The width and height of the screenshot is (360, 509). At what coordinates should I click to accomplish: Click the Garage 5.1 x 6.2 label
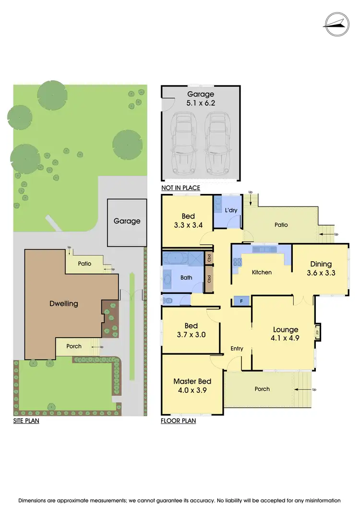click(201, 98)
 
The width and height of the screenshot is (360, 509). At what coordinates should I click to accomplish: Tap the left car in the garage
click(182, 144)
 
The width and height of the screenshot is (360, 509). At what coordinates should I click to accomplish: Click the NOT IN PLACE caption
click(180, 188)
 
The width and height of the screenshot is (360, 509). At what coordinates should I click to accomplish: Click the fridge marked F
click(241, 301)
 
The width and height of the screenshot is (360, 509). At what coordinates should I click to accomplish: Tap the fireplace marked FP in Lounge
click(317, 332)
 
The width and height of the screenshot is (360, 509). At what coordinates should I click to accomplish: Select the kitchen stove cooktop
click(237, 262)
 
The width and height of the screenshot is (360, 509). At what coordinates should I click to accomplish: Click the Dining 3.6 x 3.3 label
click(321, 268)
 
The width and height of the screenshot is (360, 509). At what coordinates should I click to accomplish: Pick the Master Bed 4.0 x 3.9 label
click(192, 386)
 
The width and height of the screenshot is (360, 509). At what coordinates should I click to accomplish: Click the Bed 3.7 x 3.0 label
click(191, 330)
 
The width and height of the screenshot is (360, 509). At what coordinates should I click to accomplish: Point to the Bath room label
click(186, 278)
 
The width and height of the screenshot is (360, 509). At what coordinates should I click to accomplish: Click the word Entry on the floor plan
click(237, 349)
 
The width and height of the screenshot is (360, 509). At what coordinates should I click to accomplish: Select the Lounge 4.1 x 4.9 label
click(286, 334)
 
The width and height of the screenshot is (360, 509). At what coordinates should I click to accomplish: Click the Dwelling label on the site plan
click(64, 303)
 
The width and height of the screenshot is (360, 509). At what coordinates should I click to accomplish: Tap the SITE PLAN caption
click(26, 421)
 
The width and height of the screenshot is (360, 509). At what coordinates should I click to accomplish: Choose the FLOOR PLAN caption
click(178, 421)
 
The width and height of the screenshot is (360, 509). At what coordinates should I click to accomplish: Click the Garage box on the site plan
click(127, 221)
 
